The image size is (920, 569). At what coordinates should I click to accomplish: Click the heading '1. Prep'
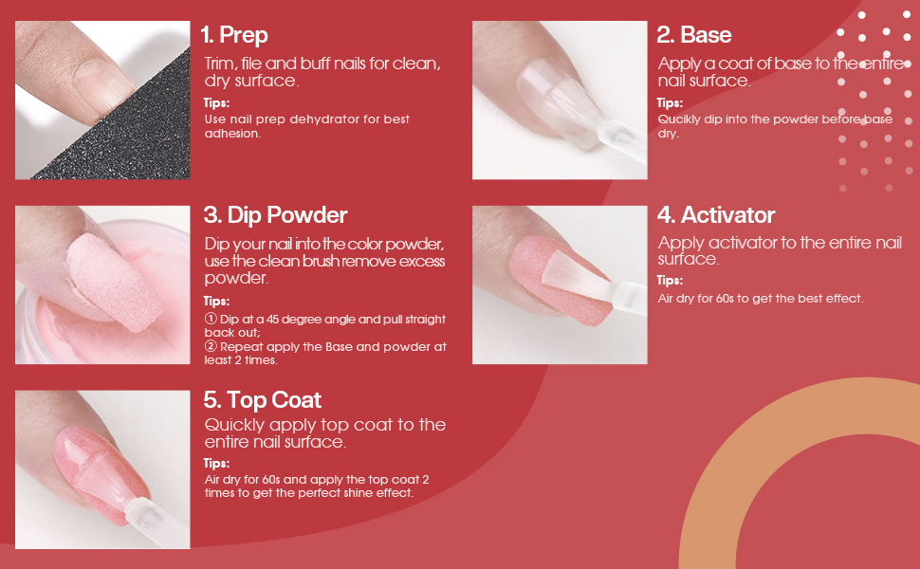click(x=234, y=35)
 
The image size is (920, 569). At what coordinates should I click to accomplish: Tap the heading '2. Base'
click(x=693, y=35)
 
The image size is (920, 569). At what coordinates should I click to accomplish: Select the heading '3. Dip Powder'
click(x=276, y=215)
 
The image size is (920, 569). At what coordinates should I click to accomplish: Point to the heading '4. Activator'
click(x=716, y=215)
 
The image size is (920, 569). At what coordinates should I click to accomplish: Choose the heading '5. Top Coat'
click(x=263, y=399)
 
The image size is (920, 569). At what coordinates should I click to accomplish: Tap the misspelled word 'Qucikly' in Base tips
click(x=679, y=119)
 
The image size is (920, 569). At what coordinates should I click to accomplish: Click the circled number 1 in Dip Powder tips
click(x=210, y=320)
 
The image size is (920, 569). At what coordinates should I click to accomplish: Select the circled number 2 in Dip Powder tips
click(x=210, y=347)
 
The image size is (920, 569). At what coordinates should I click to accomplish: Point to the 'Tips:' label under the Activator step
click(x=670, y=281)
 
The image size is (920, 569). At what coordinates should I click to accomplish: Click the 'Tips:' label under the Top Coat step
click(x=216, y=464)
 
